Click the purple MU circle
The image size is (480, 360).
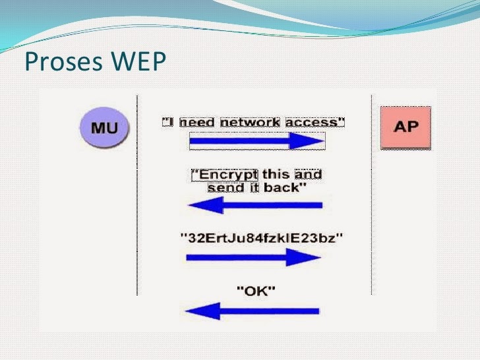[104, 127]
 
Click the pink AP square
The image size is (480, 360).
[405, 128]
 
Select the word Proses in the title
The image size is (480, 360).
[63, 61]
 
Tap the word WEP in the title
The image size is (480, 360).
[138, 61]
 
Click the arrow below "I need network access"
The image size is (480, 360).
[256, 141]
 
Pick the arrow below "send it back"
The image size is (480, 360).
[255, 205]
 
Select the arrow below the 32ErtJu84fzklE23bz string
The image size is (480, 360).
[253, 257]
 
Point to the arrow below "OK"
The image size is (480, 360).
[253, 311]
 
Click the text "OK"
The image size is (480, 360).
[256, 291]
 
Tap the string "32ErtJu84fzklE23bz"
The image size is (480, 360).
[262, 238]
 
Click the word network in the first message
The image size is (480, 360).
[250, 123]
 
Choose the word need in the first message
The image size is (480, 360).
[197, 123]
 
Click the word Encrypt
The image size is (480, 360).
[224, 175]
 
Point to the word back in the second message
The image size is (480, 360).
[285, 188]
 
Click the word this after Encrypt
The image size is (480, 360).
[276, 175]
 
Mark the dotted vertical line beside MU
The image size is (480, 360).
[137, 195]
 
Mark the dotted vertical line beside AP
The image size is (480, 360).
[372, 195]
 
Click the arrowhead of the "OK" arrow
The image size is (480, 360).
[202, 311]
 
